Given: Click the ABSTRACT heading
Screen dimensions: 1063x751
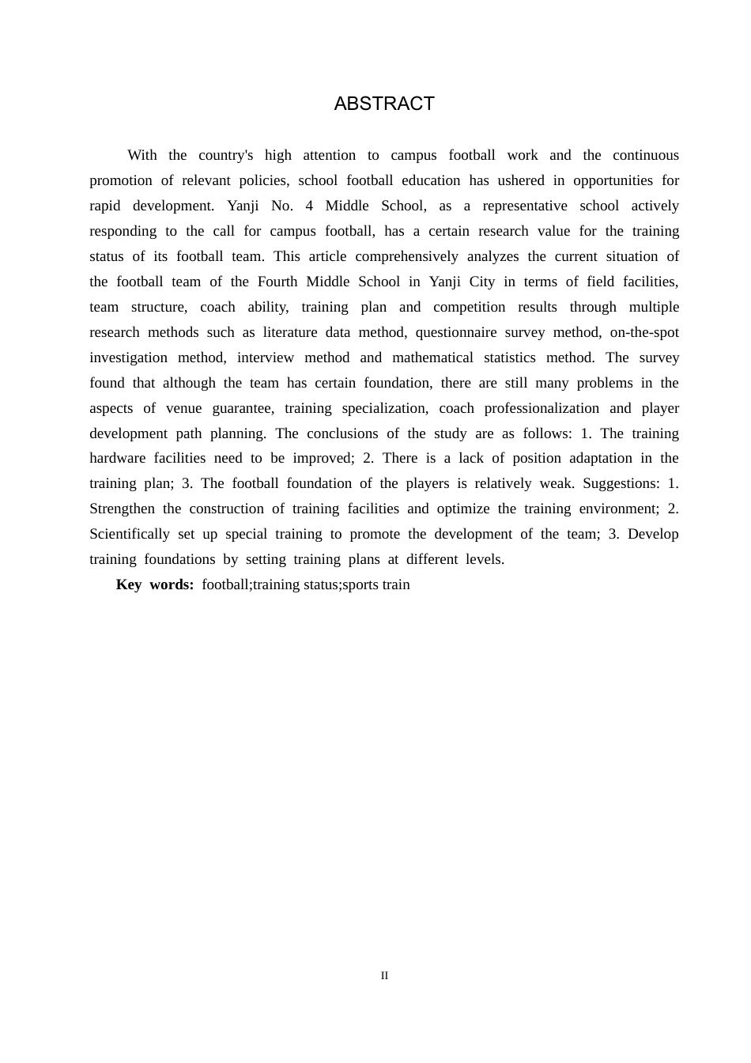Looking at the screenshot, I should point(384,104).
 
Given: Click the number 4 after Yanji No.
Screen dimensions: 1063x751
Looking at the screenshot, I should point(309,206).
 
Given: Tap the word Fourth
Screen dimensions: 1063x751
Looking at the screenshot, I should point(277,282).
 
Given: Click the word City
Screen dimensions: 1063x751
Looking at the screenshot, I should point(481,282).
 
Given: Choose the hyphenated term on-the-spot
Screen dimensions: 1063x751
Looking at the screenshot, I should point(644,332).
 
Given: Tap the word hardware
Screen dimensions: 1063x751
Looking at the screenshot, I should point(117,458).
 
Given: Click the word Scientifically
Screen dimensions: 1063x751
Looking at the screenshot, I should point(130,534).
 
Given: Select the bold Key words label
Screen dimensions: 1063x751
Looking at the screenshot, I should point(155,584).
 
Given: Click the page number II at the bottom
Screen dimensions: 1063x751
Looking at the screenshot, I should point(384,975).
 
